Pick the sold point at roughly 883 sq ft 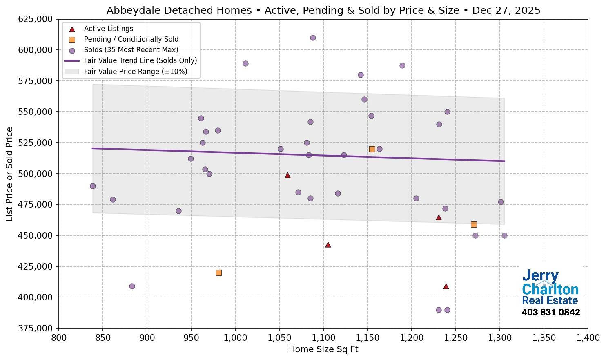(132, 286)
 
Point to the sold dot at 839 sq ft (93, 186)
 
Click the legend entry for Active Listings (108, 29)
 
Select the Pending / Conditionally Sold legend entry (131, 39)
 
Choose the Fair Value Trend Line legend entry (140, 60)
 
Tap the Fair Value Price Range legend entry (136, 72)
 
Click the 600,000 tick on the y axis (36, 50)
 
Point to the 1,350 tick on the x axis (544, 338)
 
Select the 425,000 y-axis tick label (36, 266)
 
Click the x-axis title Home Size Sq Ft (323, 349)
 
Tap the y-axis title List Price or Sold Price (9, 174)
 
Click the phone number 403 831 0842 (550, 313)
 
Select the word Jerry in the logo (540, 276)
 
